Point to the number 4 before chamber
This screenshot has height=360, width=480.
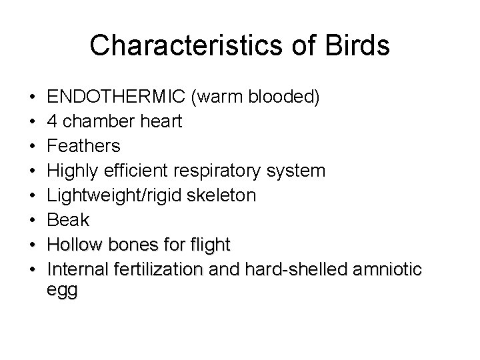[53, 123]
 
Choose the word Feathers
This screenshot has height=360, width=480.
[85, 147]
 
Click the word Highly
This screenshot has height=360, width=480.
[73, 171]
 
